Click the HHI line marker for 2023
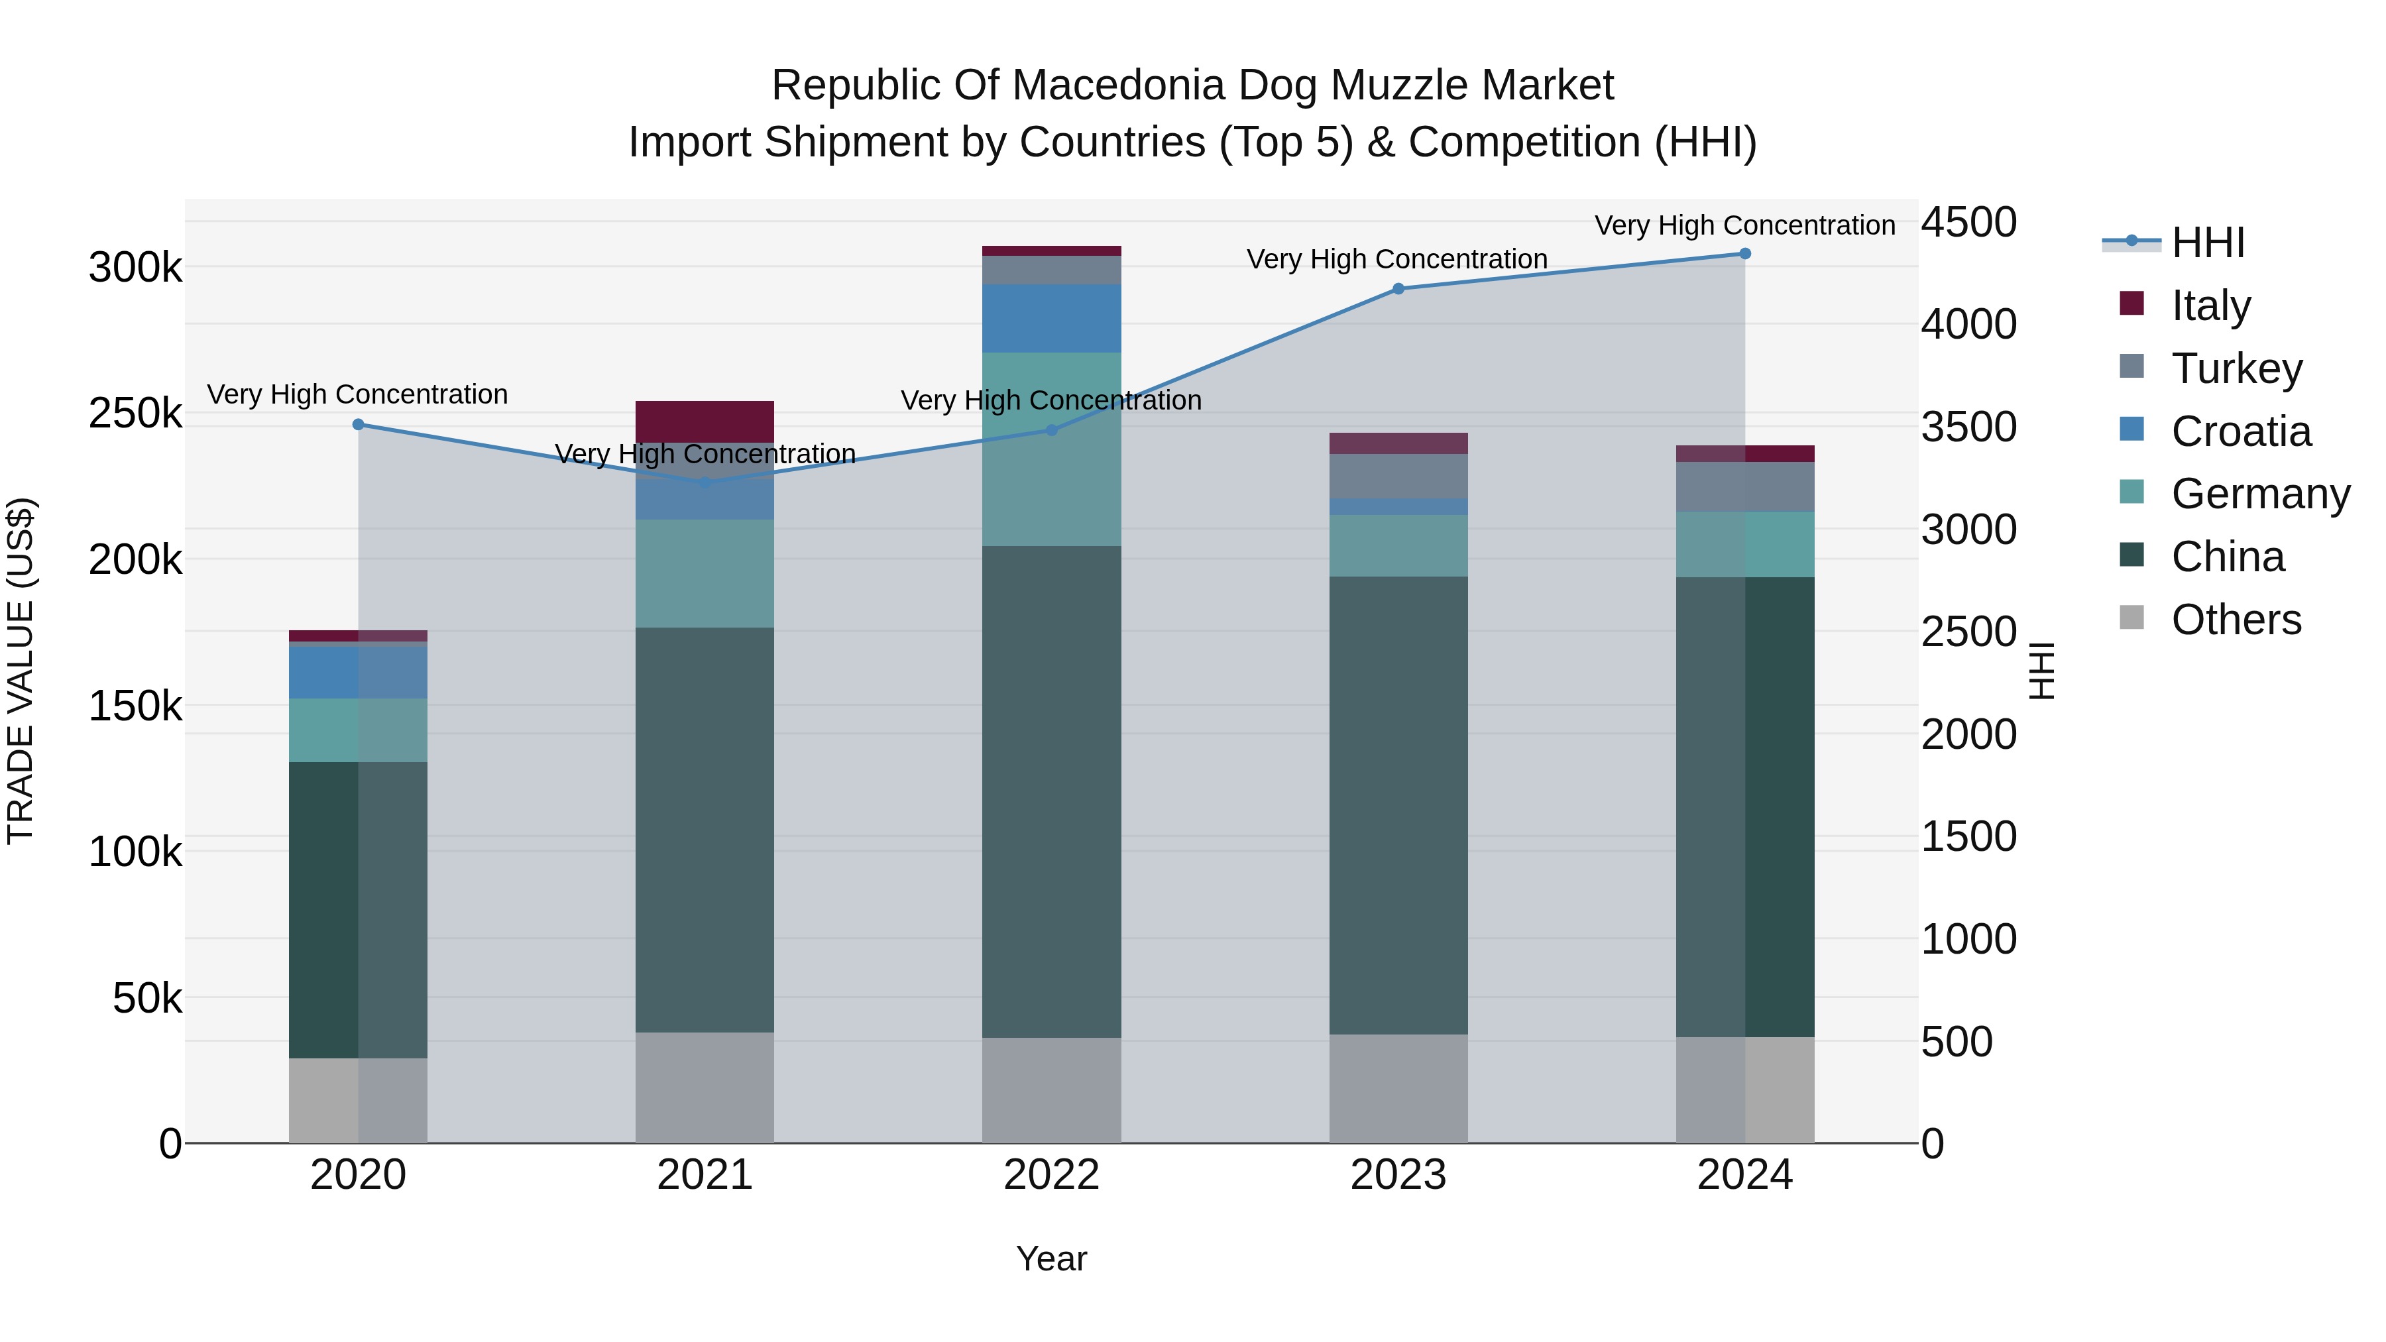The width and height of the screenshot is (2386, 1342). [x=1398, y=289]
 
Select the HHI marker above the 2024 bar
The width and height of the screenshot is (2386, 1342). [x=1744, y=254]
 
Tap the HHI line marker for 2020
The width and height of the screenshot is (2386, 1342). [x=359, y=425]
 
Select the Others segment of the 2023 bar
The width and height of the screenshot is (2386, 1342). [x=1398, y=1088]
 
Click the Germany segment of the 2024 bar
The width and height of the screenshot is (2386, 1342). [x=1744, y=545]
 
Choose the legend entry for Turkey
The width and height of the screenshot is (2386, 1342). [x=2236, y=368]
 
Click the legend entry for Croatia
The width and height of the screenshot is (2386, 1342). [x=2241, y=431]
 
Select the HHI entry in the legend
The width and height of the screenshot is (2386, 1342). [x=2207, y=243]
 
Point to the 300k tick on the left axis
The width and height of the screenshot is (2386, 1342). [x=135, y=268]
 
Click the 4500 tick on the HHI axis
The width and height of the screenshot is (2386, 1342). [x=1968, y=223]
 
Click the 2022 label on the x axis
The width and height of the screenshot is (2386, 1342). [x=1051, y=1175]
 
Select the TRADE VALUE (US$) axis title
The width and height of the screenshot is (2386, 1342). [x=21, y=671]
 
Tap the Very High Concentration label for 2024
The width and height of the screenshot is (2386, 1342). [x=1744, y=226]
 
